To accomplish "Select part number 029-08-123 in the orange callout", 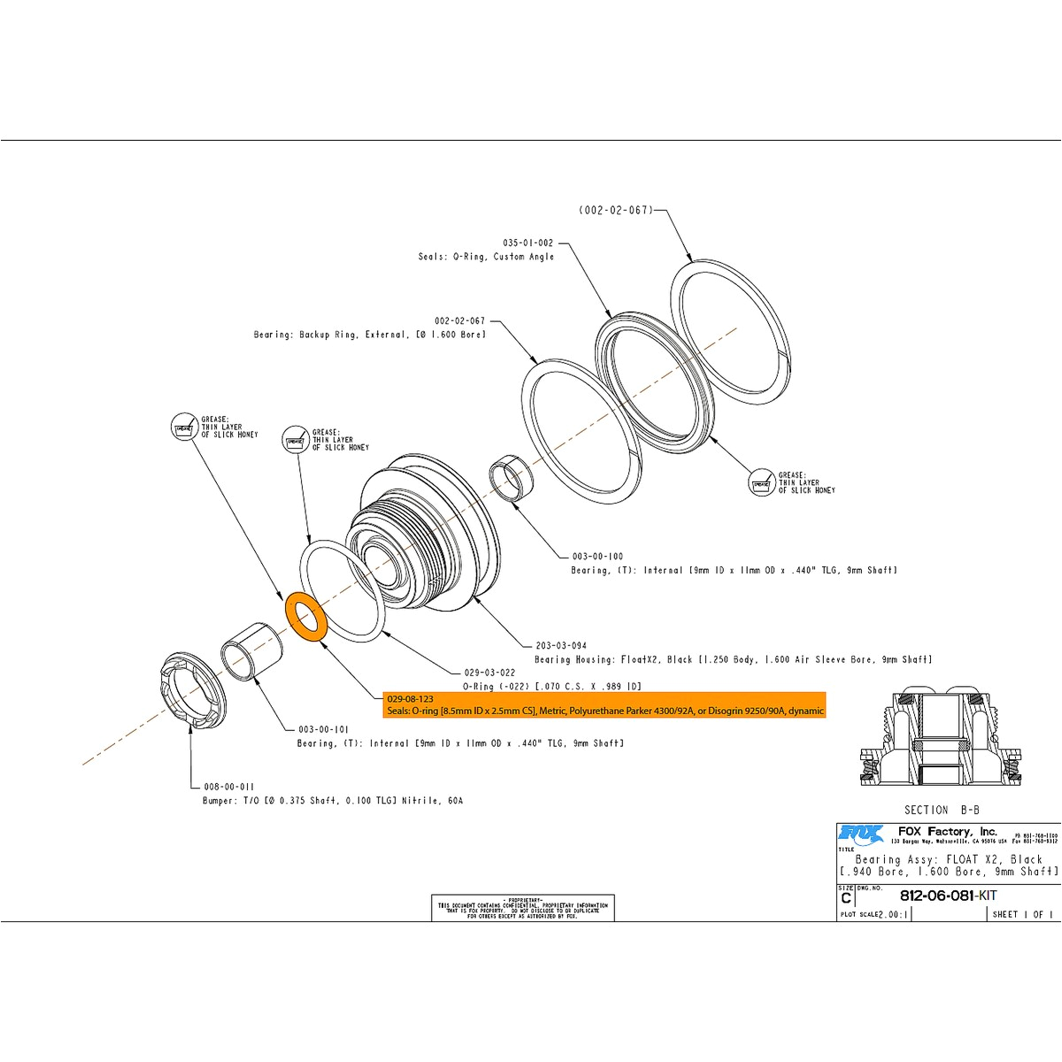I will tap(410, 698).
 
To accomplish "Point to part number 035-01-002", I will tap(527, 242).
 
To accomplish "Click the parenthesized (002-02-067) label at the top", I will tap(616, 211).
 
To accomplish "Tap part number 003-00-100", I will tap(597, 557).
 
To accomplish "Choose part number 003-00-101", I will tap(323, 729).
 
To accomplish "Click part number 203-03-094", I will tap(561, 645).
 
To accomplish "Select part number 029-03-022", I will tap(489, 673).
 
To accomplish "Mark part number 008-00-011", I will tap(229, 786).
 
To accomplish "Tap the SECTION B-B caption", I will tap(942, 810).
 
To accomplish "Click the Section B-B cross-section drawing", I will tap(941, 737).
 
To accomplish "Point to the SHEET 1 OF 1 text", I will tap(1022, 914).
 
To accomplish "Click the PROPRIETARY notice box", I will tap(522, 907).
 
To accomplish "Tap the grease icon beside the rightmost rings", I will tap(761, 483).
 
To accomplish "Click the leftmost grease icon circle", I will tap(183, 427).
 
